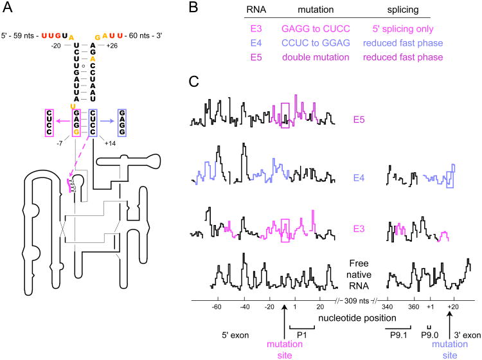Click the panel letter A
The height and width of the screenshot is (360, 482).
coord(7,7)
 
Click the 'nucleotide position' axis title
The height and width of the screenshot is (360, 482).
coord(345,318)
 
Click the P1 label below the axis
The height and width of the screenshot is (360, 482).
coord(301,335)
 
